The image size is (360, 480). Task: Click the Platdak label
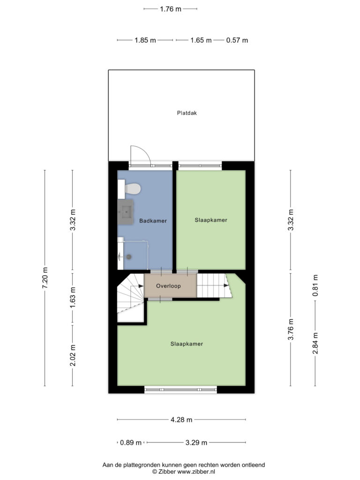(187, 113)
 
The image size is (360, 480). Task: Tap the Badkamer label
(153, 221)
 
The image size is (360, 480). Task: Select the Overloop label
(168, 286)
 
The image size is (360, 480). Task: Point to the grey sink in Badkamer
(126, 212)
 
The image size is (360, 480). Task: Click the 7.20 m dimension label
(45, 277)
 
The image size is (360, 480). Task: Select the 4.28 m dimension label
(181, 420)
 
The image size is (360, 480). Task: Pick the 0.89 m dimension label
(131, 442)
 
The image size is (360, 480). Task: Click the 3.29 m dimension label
(196, 442)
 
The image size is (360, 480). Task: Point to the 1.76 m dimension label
(171, 9)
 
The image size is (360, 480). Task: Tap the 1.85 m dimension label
(145, 40)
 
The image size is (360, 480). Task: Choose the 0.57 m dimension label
(237, 40)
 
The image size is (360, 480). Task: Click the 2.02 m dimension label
(73, 355)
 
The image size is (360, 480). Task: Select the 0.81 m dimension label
(315, 285)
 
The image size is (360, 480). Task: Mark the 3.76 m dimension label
(291, 329)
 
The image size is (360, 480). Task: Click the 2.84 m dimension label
(315, 343)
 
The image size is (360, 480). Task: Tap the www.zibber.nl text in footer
(196, 472)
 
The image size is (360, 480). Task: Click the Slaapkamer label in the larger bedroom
(187, 344)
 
